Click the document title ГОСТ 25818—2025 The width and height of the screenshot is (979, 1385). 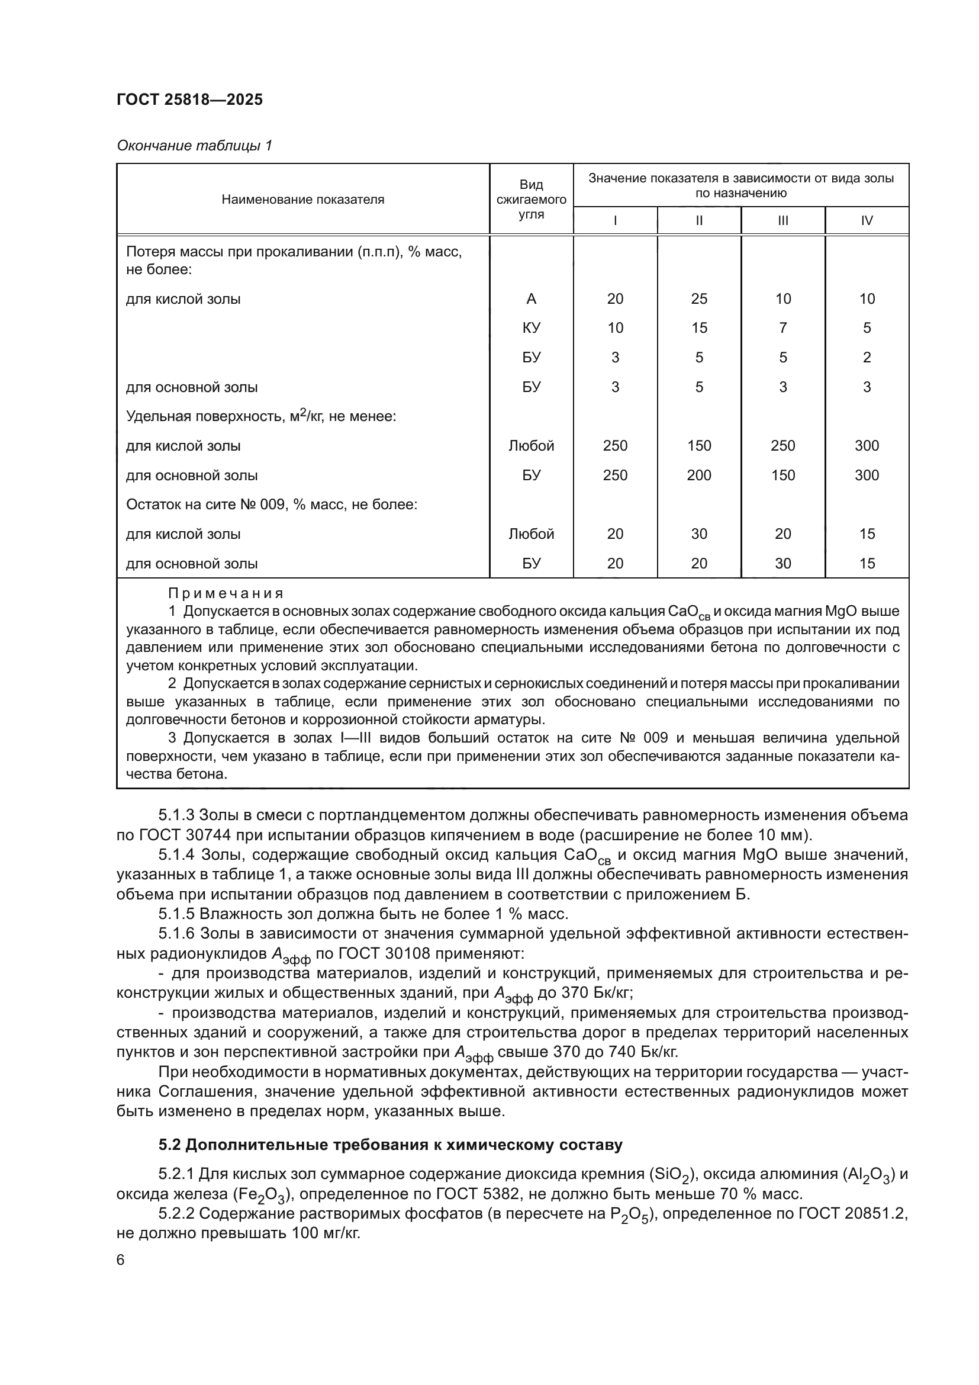point(189,99)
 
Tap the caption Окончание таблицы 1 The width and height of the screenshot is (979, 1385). point(194,146)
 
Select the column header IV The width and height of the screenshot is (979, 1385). point(867,221)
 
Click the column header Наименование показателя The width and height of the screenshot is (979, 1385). point(302,200)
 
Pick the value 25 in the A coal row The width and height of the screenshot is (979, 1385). point(698,298)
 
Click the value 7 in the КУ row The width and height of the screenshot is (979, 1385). point(782,328)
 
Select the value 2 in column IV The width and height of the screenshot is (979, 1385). point(867,358)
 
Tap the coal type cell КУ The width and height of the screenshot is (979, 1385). point(530,328)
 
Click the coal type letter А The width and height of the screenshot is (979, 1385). point(530,298)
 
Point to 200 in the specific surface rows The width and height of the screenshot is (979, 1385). point(698,475)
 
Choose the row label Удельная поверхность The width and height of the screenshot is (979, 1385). point(260,416)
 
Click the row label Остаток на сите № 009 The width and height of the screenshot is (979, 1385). point(271,504)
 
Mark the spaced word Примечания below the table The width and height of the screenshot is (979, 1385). point(226,593)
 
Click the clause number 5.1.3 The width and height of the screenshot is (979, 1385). point(176,815)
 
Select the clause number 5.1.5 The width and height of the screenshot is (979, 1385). point(176,914)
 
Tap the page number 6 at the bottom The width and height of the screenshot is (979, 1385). point(121,1261)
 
